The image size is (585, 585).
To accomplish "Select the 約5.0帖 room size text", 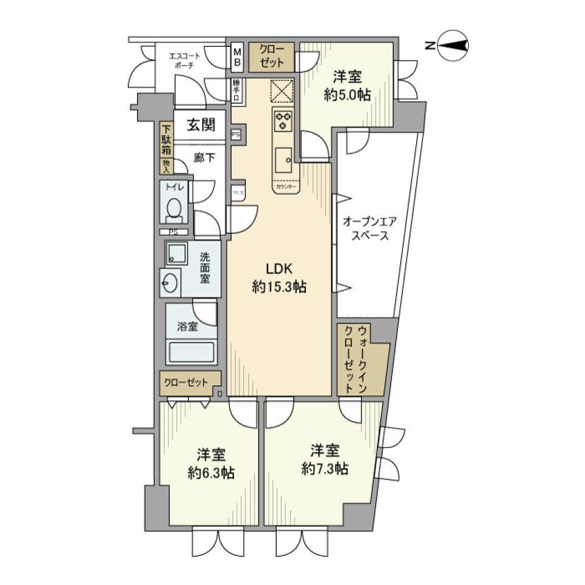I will (347, 96).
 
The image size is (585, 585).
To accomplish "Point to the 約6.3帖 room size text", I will (211, 472).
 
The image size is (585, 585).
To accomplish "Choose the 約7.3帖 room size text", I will (324, 468).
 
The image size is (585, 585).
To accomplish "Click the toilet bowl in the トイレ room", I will (174, 208).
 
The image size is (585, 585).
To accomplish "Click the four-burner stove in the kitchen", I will (283, 119).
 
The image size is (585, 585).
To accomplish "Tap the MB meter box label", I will (237, 57).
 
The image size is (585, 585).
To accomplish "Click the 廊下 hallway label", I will (204, 158).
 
